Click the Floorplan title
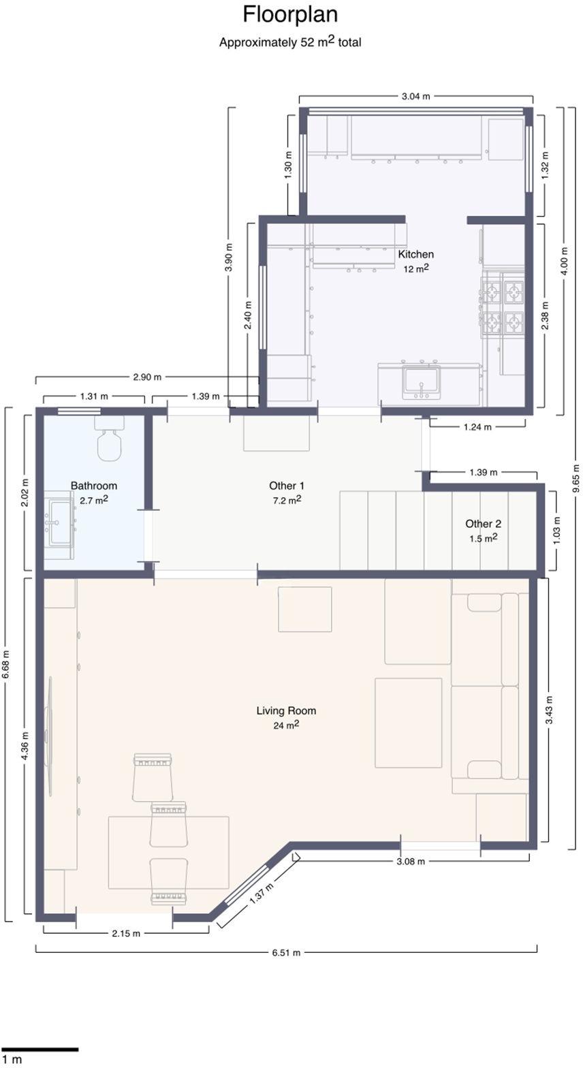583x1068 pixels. tap(290, 15)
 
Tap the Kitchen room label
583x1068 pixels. tap(415, 254)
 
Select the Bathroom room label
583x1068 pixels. tap(94, 486)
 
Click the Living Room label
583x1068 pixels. tap(287, 710)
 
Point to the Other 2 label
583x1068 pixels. tap(484, 524)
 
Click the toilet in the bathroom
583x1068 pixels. tap(110, 439)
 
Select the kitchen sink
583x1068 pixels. tap(422, 381)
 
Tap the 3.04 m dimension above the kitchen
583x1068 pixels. tap(415, 96)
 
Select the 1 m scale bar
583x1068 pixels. tap(40, 1050)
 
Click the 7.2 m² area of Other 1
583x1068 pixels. tap(287, 500)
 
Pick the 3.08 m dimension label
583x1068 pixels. tap(411, 862)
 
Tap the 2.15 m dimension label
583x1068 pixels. tap(126, 933)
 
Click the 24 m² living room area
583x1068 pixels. tap(287, 725)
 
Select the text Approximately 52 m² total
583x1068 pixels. tap(290, 42)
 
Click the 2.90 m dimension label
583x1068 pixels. tap(147, 377)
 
